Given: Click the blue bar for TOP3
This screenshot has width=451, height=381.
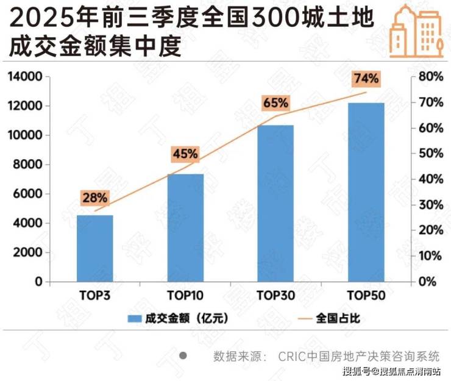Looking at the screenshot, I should pos(94,248).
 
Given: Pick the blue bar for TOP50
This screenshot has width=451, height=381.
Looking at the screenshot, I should pos(366,192).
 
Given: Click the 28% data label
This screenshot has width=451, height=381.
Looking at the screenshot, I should pos(94,198).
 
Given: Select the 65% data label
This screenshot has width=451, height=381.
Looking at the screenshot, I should pos(275,102).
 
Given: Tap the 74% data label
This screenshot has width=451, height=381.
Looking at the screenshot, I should pos(366,79).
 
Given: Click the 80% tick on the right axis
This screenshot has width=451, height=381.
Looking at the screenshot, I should pos(430,77).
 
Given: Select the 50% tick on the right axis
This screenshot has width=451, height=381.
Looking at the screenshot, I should pos(430,154).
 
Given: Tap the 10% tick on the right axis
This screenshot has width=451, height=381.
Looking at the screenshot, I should pos(430,256).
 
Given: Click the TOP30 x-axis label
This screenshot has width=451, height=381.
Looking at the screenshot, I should pos(275,296).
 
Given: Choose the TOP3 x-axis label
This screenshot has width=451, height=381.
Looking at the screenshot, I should pos(94,296).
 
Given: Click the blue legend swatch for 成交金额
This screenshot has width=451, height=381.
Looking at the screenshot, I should pos(134,318).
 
